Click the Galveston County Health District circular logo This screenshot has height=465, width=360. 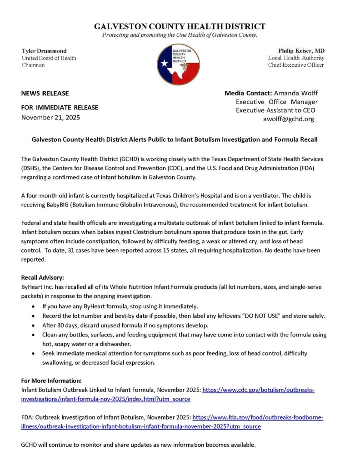178,64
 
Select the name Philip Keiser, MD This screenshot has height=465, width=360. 301,50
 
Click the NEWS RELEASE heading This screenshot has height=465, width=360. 45,94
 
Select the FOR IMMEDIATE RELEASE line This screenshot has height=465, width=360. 60,108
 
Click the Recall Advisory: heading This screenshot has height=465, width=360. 43,277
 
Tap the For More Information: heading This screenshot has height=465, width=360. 51,381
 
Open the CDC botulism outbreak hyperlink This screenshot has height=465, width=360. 258,390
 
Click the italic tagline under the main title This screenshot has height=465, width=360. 180,35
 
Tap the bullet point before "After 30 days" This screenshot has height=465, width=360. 35,325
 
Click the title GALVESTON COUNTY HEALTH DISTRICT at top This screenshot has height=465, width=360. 180,26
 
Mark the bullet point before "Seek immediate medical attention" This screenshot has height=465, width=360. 35,353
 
